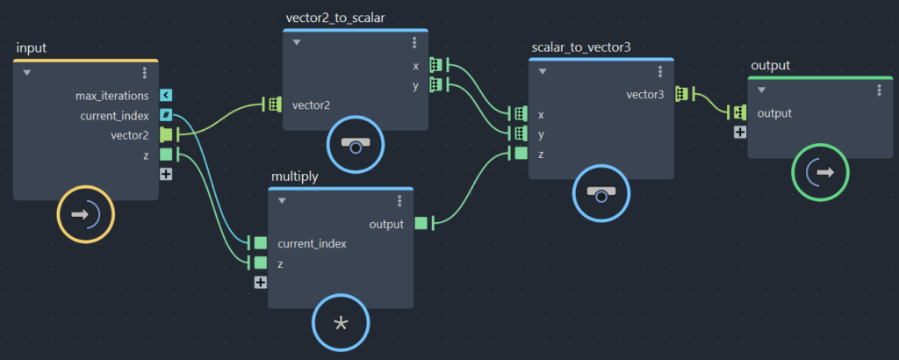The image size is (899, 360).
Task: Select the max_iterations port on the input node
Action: coord(166,95)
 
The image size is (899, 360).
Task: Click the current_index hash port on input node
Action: coord(166,115)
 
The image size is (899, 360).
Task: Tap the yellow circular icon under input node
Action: coord(86,213)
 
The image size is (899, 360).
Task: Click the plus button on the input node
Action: coord(166,174)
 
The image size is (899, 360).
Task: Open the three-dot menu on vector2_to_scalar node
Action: coord(414,42)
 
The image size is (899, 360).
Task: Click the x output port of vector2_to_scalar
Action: coord(435,65)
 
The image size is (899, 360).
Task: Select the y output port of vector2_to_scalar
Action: coord(435,85)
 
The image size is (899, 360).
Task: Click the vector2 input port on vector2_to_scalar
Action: coord(275,104)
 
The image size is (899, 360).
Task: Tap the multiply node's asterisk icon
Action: coord(342,324)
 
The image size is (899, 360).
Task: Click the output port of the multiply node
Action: coord(421,223)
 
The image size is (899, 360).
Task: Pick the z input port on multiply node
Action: coord(260,263)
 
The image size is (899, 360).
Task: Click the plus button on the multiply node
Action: coord(260,282)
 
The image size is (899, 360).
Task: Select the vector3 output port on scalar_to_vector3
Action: coord(681,93)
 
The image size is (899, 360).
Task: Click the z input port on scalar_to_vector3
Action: coord(521,154)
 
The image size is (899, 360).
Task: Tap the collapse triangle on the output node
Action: coord(761,90)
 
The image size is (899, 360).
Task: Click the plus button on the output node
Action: coord(740,132)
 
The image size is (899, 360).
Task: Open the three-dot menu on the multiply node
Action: coord(399,200)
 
